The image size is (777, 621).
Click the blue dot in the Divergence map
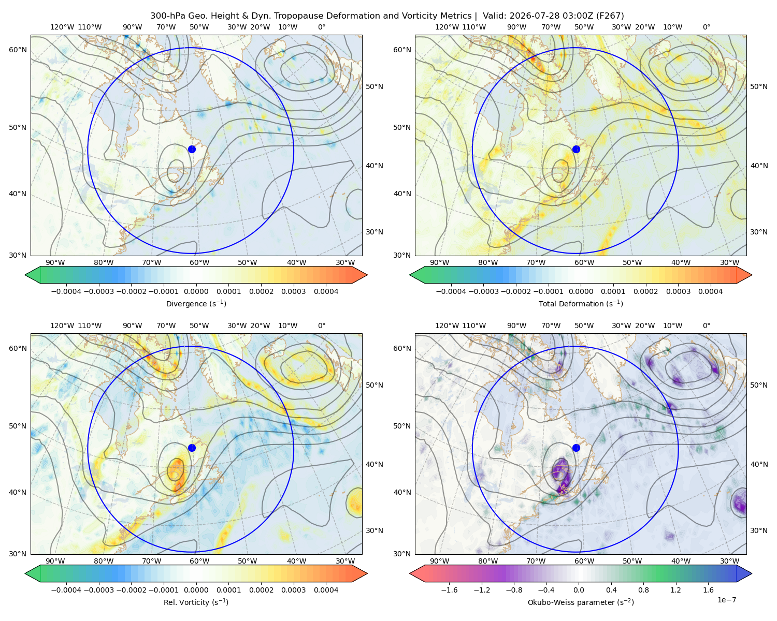pyautogui.click(x=192, y=149)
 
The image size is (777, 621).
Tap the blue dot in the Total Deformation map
pyautogui.click(x=576, y=149)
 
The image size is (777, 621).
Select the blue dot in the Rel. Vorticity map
pyautogui.click(x=192, y=448)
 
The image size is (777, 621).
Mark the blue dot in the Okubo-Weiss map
pyautogui.click(x=576, y=448)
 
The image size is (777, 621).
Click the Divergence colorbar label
pyautogui.click(x=196, y=303)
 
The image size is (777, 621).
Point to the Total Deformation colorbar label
pyautogui.click(x=581, y=303)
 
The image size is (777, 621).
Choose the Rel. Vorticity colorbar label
pyautogui.click(x=196, y=602)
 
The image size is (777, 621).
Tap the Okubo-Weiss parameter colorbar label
pyautogui.click(x=581, y=602)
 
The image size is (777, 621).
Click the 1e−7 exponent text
pyautogui.click(x=726, y=600)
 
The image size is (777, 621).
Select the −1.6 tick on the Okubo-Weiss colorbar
pyautogui.click(x=449, y=589)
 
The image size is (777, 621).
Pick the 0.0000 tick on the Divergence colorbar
pyautogui.click(x=196, y=291)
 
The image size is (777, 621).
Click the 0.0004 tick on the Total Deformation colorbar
pyautogui.click(x=710, y=291)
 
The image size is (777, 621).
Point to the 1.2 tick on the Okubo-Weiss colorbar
pyautogui.click(x=675, y=589)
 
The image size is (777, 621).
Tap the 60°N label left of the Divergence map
pyautogui.click(x=18, y=50)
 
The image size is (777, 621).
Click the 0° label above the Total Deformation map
pyautogui.click(x=706, y=27)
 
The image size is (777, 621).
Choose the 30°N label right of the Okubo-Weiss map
pyautogui.click(x=758, y=530)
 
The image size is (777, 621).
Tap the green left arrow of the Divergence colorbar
pyautogui.click(x=33, y=275)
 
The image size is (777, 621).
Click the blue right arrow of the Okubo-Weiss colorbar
pyautogui.click(x=744, y=573)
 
